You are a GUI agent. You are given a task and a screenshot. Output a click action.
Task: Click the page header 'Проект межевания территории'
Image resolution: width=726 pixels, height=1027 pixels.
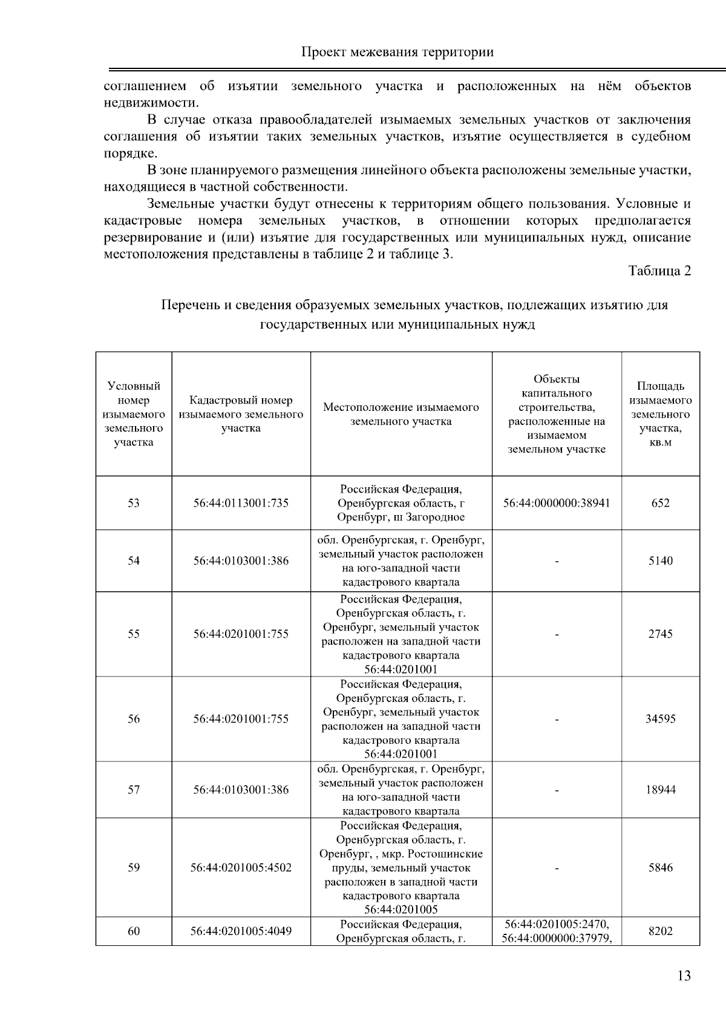(397, 52)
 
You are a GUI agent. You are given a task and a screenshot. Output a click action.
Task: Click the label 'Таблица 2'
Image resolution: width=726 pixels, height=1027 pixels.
(659, 271)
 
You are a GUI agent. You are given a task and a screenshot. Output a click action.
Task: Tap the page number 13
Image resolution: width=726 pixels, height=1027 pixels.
(684, 976)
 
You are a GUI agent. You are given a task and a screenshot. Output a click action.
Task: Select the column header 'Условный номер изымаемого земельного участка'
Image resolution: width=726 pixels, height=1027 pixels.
(134, 414)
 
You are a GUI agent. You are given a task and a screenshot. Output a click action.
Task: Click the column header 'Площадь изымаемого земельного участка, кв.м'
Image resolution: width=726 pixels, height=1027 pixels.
(660, 414)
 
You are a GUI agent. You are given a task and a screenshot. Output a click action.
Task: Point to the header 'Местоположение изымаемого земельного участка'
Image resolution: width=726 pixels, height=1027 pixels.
(401, 414)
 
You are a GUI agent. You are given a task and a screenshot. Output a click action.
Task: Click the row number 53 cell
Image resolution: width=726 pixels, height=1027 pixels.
(134, 503)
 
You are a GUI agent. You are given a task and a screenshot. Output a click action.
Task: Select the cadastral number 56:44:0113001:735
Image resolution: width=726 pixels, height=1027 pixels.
(241, 503)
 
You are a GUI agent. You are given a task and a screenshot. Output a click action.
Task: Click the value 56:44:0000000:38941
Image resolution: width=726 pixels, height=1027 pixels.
(557, 503)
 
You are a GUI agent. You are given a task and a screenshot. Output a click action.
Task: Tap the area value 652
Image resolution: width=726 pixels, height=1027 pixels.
(660, 503)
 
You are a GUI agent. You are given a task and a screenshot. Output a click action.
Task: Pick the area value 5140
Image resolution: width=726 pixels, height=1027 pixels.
(660, 560)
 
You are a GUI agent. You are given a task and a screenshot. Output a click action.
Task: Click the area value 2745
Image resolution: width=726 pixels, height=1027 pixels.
(660, 634)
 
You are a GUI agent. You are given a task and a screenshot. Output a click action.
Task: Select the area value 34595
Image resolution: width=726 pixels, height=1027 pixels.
(660, 719)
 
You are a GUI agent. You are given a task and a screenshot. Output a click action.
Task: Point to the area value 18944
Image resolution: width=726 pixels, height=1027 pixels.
(660, 790)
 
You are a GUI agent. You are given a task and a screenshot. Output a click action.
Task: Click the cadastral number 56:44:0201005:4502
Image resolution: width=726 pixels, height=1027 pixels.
(241, 867)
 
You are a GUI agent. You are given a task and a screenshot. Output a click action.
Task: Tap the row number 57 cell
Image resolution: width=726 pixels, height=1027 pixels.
(134, 790)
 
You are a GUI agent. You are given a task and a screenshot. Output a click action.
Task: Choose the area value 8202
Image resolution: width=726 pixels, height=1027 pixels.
(660, 931)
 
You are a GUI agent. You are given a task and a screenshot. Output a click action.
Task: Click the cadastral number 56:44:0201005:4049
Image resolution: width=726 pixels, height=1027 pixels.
(241, 931)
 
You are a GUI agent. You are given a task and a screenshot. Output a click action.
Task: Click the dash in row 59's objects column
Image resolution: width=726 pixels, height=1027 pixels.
(557, 868)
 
